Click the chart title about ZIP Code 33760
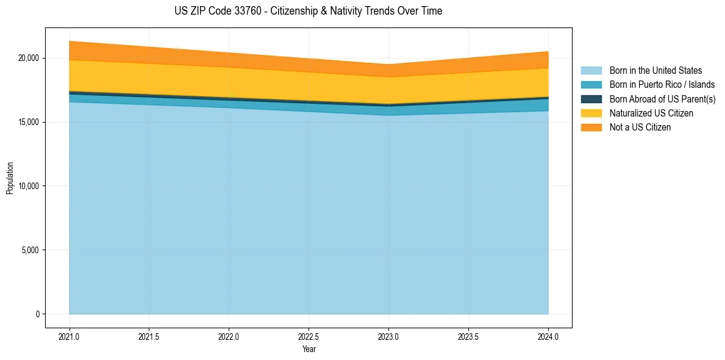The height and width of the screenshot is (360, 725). pos(308,11)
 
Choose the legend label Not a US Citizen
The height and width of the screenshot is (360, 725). pos(640,128)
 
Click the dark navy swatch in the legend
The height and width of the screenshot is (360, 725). pos(591,99)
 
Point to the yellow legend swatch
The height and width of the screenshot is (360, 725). pos(591,113)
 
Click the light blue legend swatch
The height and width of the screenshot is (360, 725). pos(591,71)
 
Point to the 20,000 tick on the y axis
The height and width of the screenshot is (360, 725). pos(29,58)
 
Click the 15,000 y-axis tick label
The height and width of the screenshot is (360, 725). pos(29,122)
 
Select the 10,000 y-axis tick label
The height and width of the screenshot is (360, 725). pos(29,186)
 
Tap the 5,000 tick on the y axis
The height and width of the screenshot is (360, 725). pos(31,250)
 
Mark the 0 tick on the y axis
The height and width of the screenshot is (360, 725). pos(38,314)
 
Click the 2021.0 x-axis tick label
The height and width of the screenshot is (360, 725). pos(69,336)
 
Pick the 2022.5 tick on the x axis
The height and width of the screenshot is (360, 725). pos(309,336)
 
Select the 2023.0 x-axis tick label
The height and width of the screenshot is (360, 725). pos(388,336)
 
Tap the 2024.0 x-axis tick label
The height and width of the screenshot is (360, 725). pos(548,336)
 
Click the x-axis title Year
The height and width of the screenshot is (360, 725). pos(309,349)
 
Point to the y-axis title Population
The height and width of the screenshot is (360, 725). pos(10,178)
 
